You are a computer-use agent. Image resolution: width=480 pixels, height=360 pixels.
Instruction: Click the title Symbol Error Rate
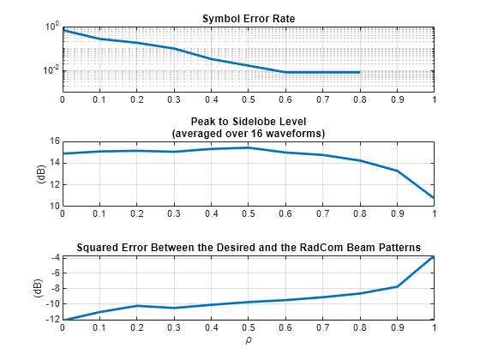(248, 18)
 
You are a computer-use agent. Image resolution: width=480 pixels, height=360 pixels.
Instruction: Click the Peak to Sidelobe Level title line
(248, 123)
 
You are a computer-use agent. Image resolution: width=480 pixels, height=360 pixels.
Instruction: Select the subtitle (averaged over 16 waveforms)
(248, 134)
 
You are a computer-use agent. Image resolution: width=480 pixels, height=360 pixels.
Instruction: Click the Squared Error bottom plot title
(248, 247)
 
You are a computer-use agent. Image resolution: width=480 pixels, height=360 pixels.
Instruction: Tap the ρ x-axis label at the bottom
(248, 341)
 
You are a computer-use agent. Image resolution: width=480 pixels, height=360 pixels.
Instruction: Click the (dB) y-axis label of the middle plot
(39, 174)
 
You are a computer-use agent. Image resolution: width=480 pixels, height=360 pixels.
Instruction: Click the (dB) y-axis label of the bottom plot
(39, 288)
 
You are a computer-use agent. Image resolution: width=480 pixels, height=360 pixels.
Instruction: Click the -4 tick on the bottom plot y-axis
(53, 257)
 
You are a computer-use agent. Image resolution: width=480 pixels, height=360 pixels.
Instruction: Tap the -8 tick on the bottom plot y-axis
(53, 288)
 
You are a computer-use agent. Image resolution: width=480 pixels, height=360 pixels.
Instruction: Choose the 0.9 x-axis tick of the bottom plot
(397, 327)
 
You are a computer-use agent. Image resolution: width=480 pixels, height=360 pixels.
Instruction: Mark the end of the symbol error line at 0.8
(359, 72)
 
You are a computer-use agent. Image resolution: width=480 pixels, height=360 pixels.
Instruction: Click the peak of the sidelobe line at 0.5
(248, 147)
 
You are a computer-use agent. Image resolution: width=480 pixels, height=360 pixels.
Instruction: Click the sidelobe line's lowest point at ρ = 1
(434, 198)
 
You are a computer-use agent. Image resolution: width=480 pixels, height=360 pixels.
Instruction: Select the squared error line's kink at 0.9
(397, 286)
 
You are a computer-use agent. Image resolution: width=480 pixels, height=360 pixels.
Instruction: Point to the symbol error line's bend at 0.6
(285, 72)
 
